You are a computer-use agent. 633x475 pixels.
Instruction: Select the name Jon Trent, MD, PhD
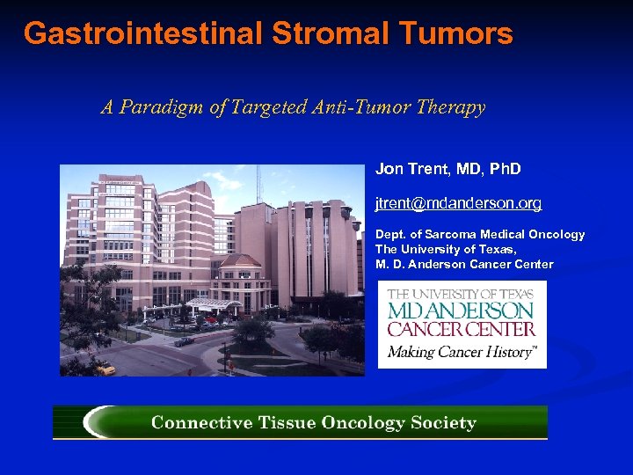tap(448, 168)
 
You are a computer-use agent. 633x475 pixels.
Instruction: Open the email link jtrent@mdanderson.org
tap(458, 203)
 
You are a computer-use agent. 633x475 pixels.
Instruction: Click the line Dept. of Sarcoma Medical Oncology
tap(480, 234)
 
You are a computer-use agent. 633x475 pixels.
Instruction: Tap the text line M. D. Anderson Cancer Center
tap(464, 264)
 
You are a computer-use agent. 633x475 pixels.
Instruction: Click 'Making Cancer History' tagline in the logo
tap(462, 352)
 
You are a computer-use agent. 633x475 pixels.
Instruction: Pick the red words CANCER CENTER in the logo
tap(462, 329)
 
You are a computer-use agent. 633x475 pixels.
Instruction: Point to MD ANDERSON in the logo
tap(462, 311)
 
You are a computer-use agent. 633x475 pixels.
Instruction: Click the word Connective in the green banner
tap(200, 423)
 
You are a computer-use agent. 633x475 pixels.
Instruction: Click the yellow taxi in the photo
tap(105, 369)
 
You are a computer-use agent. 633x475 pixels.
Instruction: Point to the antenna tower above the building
tap(258, 182)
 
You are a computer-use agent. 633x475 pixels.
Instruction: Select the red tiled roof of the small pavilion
tap(240, 261)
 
